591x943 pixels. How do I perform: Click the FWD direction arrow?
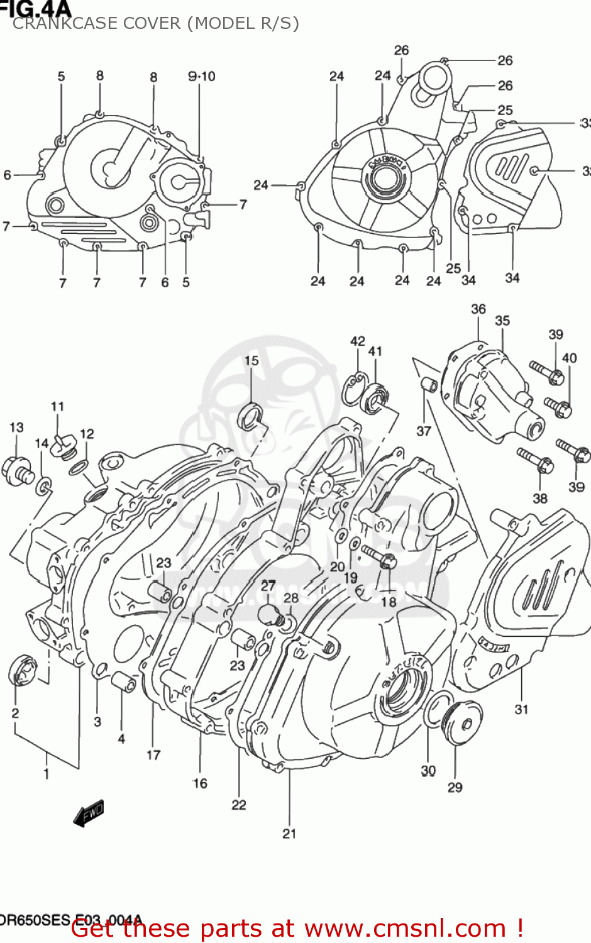click(89, 813)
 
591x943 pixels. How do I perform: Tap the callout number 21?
click(289, 834)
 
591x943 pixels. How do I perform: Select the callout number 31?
click(521, 709)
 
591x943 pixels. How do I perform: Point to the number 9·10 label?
click(201, 76)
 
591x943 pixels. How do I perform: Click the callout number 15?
click(251, 360)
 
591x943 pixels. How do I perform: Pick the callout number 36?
click(478, 309)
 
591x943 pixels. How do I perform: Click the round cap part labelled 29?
click(463, 723)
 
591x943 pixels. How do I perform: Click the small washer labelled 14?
click(44, 485)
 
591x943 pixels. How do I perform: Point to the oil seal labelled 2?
click(23, 670)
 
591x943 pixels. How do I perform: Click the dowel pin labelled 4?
click(123, 682)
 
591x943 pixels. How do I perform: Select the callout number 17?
click(153, 755)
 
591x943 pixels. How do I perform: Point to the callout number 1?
click(47, 774)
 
